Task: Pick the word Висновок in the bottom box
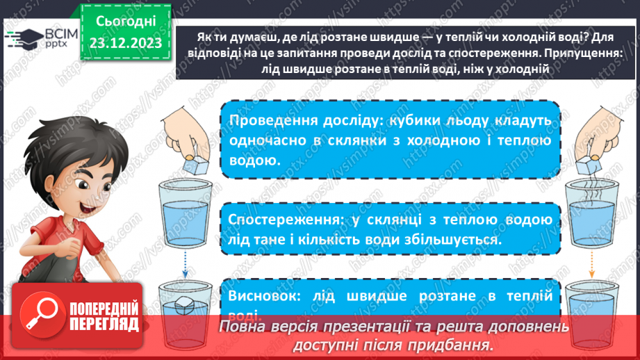tap(259, 295)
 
